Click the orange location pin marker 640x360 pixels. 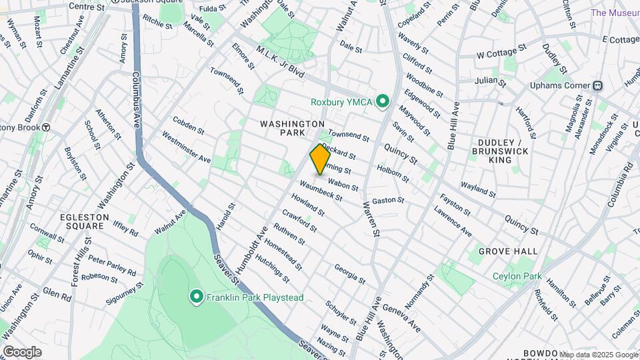[x=319, y=159]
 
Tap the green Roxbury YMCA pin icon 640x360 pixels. [x=382, y=101]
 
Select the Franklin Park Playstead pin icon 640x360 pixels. [x=196, y=297]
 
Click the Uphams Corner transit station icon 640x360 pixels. [x=598, y=85]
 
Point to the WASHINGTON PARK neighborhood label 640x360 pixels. [x=292, y=129]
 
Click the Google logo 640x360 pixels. [x=23, y=352]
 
